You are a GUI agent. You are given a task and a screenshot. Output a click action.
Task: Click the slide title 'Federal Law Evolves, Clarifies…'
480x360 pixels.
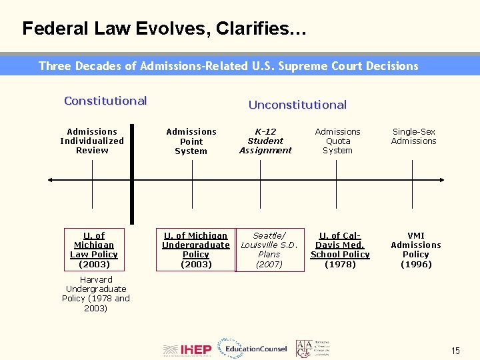(x=164, y=29)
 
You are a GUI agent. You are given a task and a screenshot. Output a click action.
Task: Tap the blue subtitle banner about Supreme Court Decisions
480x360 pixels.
(x=229, y=66)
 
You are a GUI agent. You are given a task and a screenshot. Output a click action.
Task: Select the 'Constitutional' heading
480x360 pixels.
(x=105, y=101)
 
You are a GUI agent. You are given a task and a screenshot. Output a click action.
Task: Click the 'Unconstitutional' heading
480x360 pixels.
(x=297, y=105)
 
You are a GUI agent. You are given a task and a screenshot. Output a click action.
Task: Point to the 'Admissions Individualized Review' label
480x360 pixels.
(x=92, y=141)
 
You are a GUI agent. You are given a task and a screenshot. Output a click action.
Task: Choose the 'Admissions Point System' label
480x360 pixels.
(x=191, y=141)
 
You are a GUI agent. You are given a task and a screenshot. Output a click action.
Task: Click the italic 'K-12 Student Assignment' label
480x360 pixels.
(x=265, y=141)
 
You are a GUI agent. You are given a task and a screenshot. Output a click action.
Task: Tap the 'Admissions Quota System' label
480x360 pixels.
(x=337, y=141)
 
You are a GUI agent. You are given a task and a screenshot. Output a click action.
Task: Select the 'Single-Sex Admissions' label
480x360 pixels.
(x=413, y=136)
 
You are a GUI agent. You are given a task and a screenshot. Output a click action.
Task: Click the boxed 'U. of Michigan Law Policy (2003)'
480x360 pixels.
(x=94, y=249)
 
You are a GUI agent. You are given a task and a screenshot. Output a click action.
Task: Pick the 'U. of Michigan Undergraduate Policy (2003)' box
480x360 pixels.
(x=195, y=249)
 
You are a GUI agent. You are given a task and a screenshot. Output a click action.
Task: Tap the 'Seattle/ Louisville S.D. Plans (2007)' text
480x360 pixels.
(x=269, y=249)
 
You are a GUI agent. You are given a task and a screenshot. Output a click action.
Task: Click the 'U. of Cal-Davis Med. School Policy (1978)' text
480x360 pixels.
(x=340, y=249)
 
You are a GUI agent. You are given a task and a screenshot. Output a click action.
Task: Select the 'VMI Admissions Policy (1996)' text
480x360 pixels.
(x=416, y=249)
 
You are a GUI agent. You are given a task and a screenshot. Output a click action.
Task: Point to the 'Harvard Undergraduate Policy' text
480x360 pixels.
(x=96, y=293)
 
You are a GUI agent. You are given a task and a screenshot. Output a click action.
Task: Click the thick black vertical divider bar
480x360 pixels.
(x=132, y=173)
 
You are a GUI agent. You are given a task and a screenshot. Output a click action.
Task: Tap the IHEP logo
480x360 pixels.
(x=187, y=349)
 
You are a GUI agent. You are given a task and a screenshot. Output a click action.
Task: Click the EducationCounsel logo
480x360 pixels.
(x=256, y=349)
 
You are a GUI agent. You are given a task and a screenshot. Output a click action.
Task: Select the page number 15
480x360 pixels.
(x=455, y=351)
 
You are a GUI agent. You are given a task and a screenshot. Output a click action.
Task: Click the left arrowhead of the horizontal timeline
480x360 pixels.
(x=51, y=180)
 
